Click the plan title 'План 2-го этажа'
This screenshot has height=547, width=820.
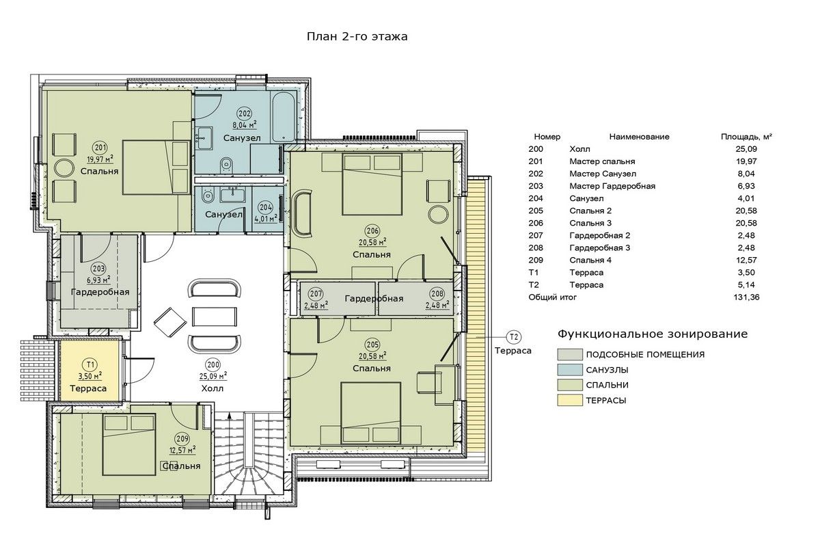pyautogui.click(x=357, y=37)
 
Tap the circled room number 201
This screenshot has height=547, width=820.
pyautogui.click(x=100, y=148)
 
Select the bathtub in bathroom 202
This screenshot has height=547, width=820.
pyautogui.click(x=284, y=117)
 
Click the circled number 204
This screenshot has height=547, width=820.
pyautogui.click(x=265, y=207)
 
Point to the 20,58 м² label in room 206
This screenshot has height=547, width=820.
pyautogui.click(x=372, y=242)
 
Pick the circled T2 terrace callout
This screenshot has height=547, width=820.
pyautogui.click(x=514, y=336)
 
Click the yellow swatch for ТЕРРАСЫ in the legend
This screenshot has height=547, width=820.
pyautogui.click(x=570, y=400)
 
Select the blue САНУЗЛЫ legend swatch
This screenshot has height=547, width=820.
pyautogui.click(x=570, y=370)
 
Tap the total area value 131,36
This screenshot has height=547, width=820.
pyautogui.click(x=746, y=297)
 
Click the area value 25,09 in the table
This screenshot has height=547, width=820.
pyautogui.click(x=746, y=149)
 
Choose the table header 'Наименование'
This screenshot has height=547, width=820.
pyautogui.click(x=639, y=137)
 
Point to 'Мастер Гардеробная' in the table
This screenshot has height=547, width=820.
pyautogui.click(x=612, y=186)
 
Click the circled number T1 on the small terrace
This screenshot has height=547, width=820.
pyautogui.click(x=90, y=364)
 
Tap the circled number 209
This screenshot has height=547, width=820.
pyautogui.click(x=182, y=439)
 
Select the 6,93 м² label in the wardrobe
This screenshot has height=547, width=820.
pyautogui.click(x=98, y=280)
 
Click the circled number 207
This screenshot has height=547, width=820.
pyautogui.click(x=316, y=294)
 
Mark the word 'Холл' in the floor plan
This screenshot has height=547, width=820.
pyautogui.click(x=213, y=388)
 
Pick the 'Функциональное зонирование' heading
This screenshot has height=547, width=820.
pyautogui.click(x=653, y=334)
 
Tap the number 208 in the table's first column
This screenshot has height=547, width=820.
pyautogui.click(x=536, y=248)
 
